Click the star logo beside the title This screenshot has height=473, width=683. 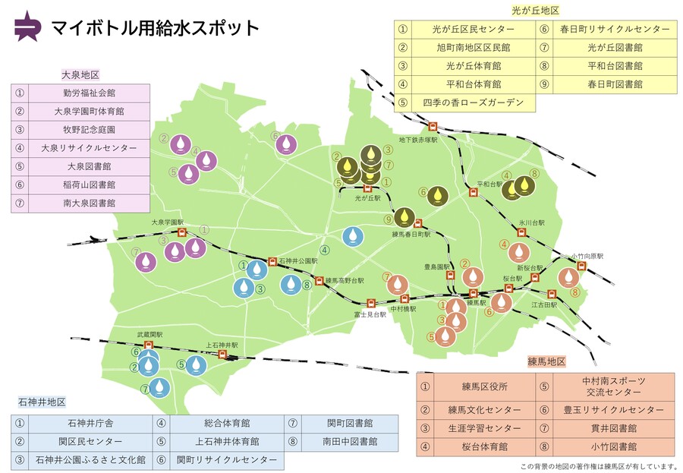pos(28,27)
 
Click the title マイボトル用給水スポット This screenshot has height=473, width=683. pos(156,28)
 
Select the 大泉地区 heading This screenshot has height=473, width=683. pos(80,74)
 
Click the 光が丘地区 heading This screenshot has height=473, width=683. pos(536,11)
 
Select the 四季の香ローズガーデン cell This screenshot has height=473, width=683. pos(473,102)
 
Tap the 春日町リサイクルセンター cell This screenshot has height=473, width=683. pos(615,29)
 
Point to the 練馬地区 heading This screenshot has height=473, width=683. pos(546,362)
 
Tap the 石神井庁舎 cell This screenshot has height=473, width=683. pos(90,422)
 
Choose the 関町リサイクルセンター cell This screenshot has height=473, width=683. pos(225,459)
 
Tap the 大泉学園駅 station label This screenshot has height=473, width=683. pos(168,222)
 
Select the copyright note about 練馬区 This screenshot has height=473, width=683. pos(598,465)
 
